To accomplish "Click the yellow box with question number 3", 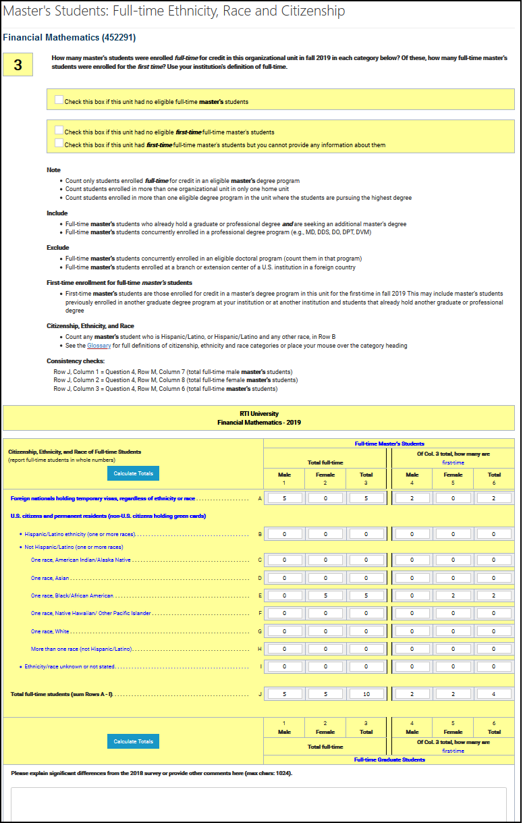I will click(x=18, y=65).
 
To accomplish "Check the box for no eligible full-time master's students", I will click(x=59, y=101).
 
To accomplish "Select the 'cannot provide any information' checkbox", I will click(x=59, y=143).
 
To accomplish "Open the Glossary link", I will click(x=98, y=346).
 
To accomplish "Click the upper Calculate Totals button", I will click(x=133, y=473).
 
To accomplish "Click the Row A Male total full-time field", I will click(x=285, y=498).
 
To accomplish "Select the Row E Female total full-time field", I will click(x=325, y=595).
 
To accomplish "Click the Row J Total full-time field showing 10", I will click(x=366, y=693).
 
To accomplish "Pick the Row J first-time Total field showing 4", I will click(x=494, y=693).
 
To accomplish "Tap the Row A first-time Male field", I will click(x=412, y=498).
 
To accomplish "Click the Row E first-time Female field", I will click(x=453, y=595).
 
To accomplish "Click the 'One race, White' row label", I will click(x=50, y=631).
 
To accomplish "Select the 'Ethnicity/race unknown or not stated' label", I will click(x=70, y=666).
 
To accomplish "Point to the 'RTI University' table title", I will click(x=258, y=413).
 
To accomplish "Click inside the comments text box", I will click(x=258, y=803).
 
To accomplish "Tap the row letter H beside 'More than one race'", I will click(x=260, y=649).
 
